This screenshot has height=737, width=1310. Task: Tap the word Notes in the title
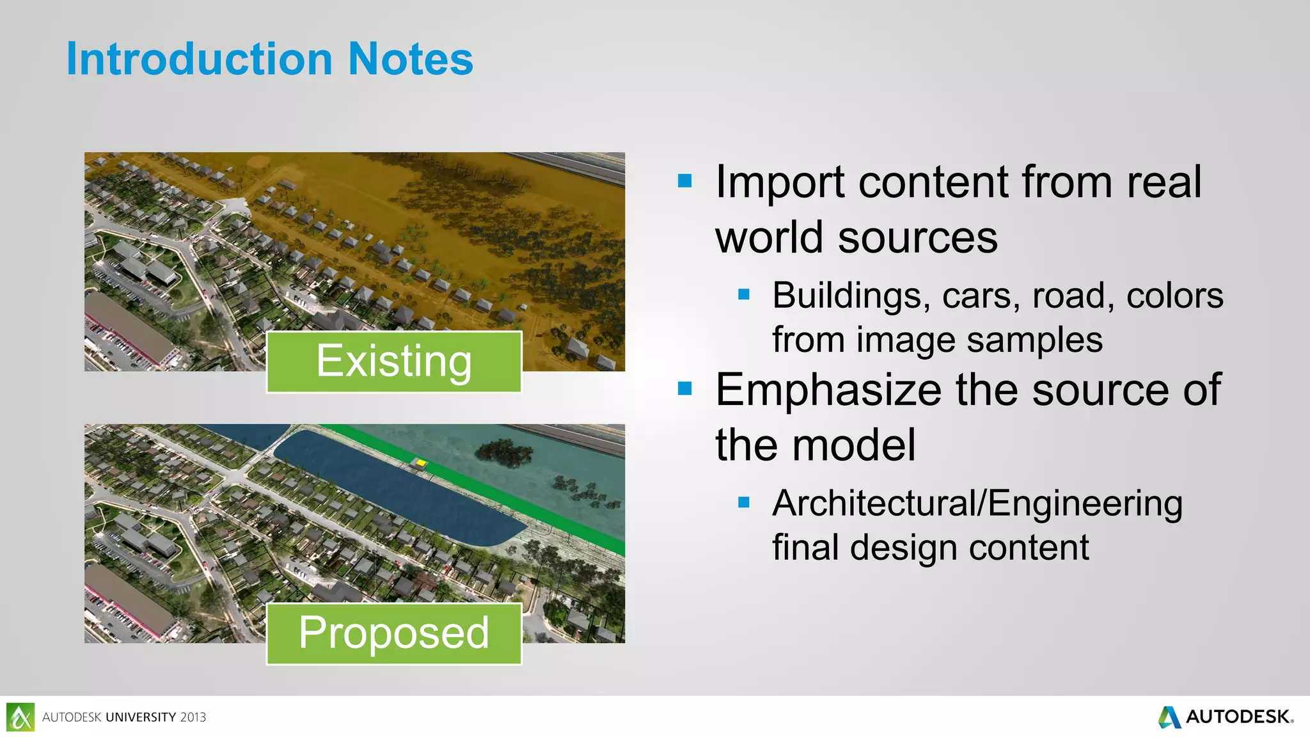[410, 59]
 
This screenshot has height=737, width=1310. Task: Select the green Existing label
[394, 361]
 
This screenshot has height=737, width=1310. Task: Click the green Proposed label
[394, 633]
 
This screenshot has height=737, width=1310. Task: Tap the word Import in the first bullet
[779, 183]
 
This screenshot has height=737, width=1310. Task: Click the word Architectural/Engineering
[977, 503]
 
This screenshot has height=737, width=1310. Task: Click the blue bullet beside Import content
[685, 181]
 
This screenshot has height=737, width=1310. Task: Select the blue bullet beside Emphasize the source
[685, 388]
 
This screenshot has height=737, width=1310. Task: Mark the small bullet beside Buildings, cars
[743, 295]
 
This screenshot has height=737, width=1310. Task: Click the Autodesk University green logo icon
[20, 717]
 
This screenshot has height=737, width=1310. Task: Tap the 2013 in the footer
[193, 717]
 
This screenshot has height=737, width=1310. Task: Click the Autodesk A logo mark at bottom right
[1170, 717]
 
